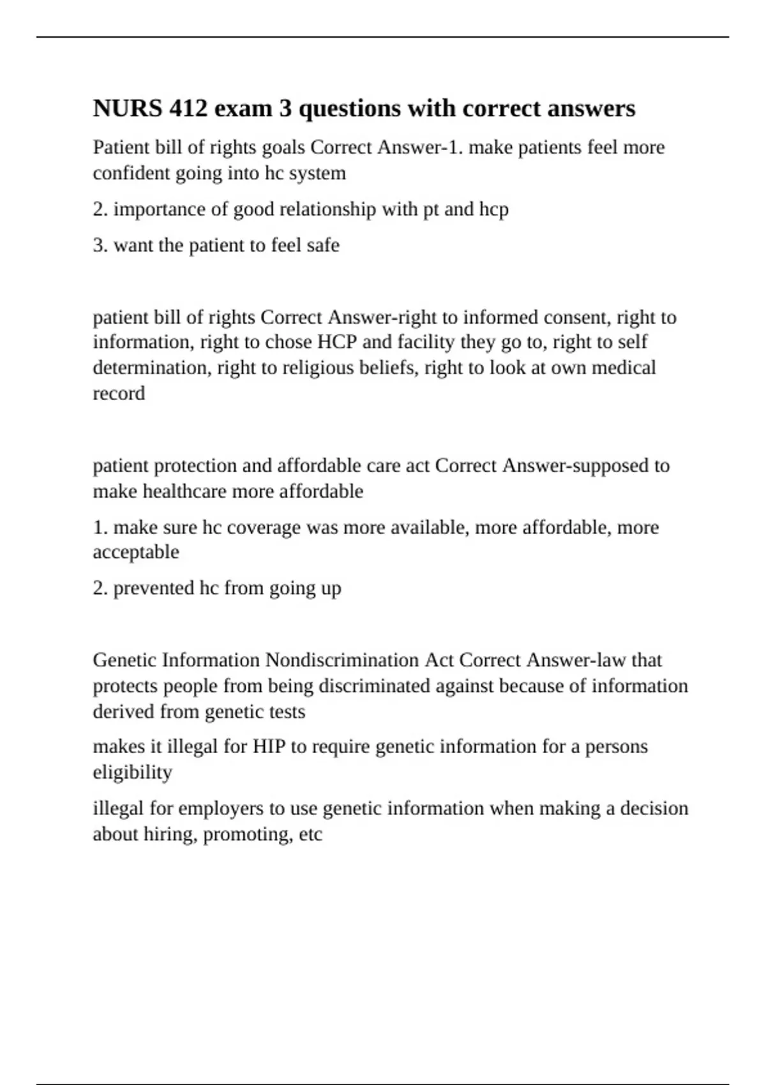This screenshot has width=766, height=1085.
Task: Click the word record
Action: coord(119,393)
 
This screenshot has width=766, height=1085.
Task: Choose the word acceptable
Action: coord(136,551)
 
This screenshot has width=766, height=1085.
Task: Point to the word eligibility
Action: coord(133,772)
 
